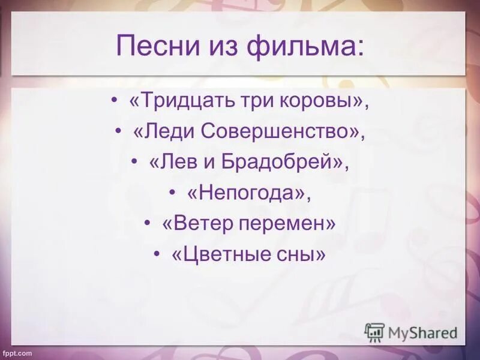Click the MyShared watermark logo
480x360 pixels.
(411, 332)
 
